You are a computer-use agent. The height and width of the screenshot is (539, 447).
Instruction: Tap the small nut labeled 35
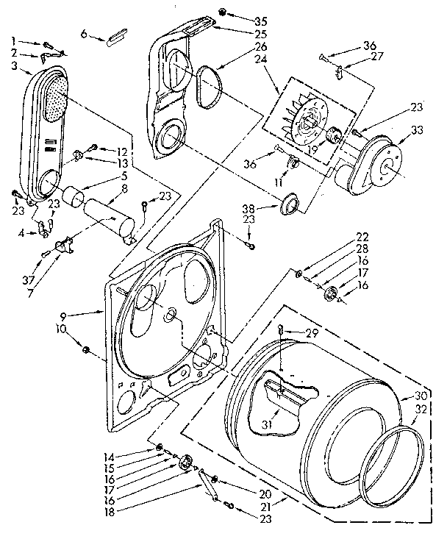pos(222,13)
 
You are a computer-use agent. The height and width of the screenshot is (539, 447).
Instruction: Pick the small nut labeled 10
pos(87,348)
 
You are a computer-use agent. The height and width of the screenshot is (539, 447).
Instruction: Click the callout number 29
pos(312,334)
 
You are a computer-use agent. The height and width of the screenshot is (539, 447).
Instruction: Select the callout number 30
pos(421,394)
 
